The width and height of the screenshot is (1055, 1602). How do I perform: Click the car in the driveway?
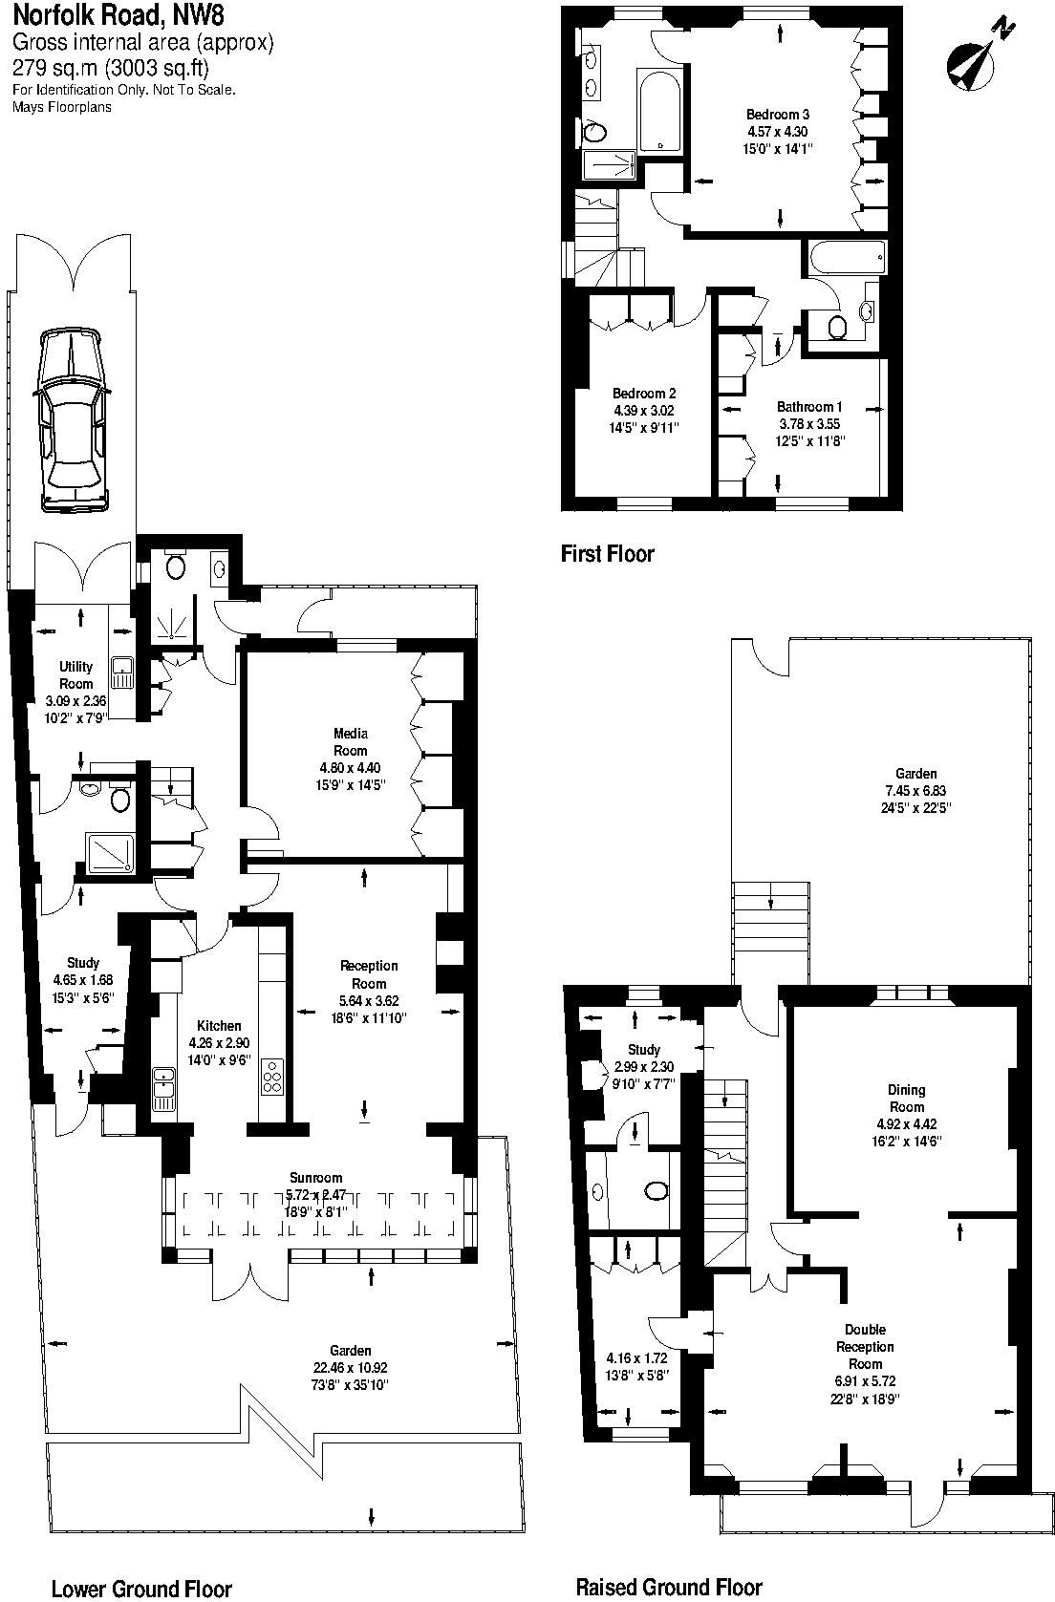tap(74, 419)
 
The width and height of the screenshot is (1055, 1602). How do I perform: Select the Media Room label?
tap(351, 741)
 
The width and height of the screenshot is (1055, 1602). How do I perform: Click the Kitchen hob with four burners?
tap(271, 1076)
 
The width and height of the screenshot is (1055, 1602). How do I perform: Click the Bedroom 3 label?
tap(778, 115)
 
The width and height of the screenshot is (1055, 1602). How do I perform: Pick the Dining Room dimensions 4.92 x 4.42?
tap(906, 1123)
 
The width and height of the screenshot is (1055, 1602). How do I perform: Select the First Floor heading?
tap(607, 553)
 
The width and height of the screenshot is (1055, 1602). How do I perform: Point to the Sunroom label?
tap(315, 1177)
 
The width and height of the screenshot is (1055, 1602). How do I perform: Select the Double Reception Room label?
tap(866, 1347)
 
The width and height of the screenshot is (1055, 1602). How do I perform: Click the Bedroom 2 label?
tap(644, 394)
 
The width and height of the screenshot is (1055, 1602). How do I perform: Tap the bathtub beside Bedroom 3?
tap(659, 110)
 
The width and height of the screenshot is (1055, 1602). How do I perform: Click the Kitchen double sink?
tap(163, 1089)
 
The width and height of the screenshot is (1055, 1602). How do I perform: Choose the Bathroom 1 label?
tap(809, 407)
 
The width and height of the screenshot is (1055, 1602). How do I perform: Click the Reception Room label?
tap(368, 974)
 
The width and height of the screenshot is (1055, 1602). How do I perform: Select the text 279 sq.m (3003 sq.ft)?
tap(111, 68)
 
